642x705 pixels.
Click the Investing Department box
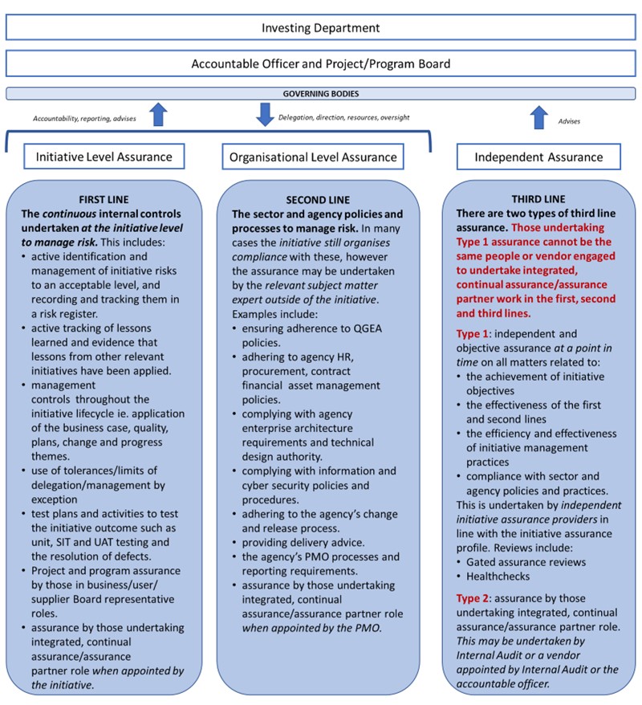pyautogui.click(x=321, y=27)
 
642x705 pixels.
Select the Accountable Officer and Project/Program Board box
pyautogui.click(x=321, y=63)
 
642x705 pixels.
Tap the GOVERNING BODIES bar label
pyautogui.click(x=321, y=93)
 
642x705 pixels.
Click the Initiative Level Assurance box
pyautogui.click(x=104, y=157)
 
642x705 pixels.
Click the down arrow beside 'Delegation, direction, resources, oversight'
pyautogui.click(x=265, y=115)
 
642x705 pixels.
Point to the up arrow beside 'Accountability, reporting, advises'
pyautogui.click(x=158, y=116)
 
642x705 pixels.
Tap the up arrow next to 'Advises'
pyautogui.click(x=538, y=119)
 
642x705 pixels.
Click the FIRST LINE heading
pyautogui.click(x=104, y=199)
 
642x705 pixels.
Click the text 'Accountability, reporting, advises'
pyautogui.click(x=84, y=118)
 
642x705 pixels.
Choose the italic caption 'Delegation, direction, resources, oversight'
pyautogui.click(x=343, y=117)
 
